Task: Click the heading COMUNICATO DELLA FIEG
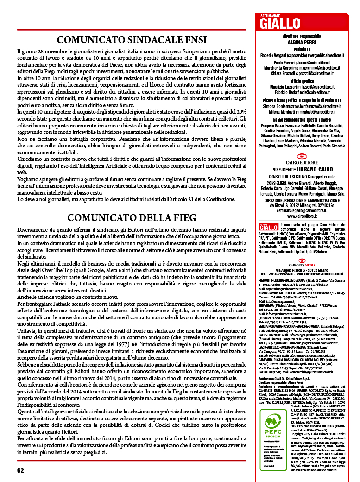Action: coord(132,218)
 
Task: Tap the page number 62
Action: coord(20,470)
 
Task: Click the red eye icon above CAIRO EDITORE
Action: coord(302,157)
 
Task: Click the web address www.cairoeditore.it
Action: coord(302,216)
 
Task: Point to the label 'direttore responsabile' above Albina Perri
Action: coord(302,36)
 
